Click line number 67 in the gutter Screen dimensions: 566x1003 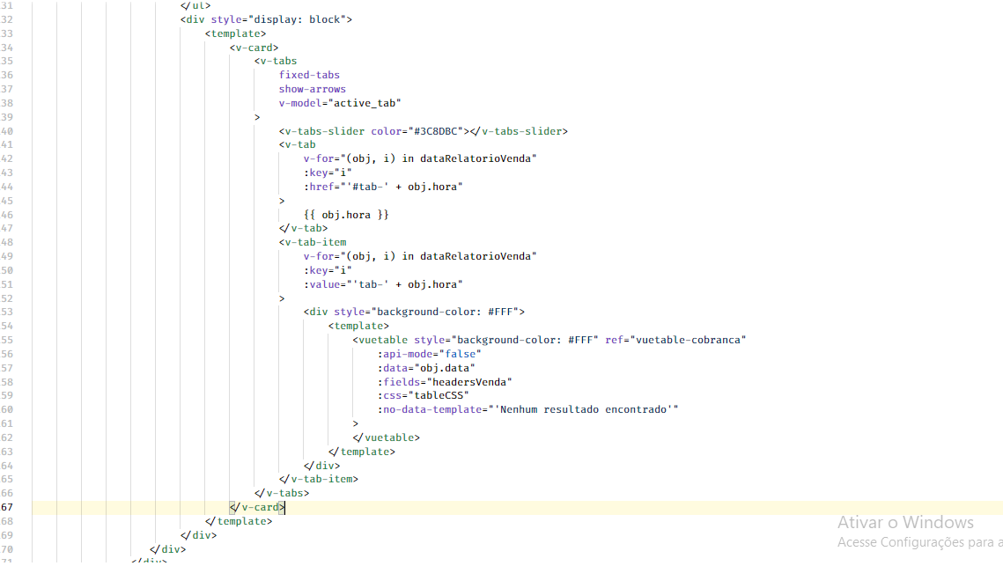click(x=7, y=508)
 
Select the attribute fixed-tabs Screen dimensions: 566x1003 click(x=309, y=75)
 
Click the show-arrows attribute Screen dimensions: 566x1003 click(x=313, y=89)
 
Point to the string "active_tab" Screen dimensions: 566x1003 click(x=368, y=103)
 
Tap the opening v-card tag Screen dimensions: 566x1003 click(x=254, y=47)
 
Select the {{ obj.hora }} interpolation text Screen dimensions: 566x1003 click(x=346, y=214)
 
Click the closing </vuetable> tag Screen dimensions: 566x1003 click(x=387, y=437)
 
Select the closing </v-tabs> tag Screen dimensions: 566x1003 click(x=282, y=494)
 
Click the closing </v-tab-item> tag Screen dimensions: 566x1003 click(x=319, y=480)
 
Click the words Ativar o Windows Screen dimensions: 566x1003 click(x=905, y=523)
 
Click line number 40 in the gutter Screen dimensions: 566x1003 click(x=7, y=131)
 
